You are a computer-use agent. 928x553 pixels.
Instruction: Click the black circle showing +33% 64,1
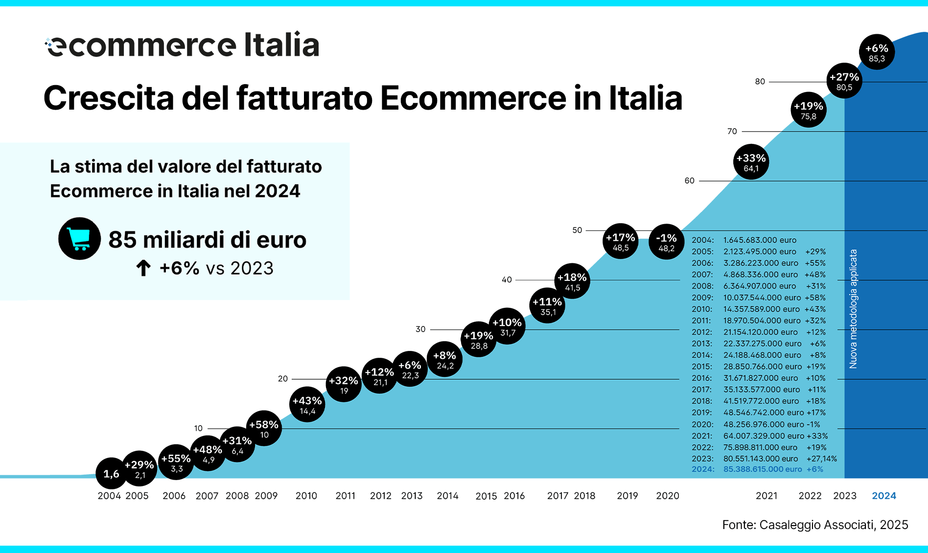coord(751,162)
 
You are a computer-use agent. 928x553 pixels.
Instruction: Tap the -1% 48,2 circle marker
coord(666,242)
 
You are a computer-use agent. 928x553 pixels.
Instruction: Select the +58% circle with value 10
coord(264,428)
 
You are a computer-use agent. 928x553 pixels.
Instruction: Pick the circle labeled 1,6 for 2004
coord(111,474)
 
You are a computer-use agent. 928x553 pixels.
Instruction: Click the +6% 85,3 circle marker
coord(877,52)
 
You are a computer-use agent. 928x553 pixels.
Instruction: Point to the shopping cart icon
coord(79,239)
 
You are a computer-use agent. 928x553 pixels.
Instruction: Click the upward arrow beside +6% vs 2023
coord(143,268)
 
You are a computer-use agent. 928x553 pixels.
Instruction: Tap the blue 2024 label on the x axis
coord(883,496)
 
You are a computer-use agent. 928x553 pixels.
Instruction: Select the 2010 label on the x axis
coord(306,496)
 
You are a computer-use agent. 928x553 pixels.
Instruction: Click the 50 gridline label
coord(577,230)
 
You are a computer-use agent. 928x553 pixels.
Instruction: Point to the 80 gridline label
coord(760,82)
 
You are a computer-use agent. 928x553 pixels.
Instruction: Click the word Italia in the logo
coord(281,45)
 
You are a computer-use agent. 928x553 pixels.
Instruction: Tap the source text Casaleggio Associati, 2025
coord(815,525)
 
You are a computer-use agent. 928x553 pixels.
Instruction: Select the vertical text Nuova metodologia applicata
coord(853,309)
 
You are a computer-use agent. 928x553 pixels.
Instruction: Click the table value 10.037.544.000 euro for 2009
coord(762,298)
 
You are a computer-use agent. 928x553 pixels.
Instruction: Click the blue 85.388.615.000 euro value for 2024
coord(762,469)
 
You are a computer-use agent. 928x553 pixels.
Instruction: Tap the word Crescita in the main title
coord(109,98)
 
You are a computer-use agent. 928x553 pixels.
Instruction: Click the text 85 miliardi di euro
coord(207,240)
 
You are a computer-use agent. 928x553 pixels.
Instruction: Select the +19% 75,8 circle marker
coord(808,110)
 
